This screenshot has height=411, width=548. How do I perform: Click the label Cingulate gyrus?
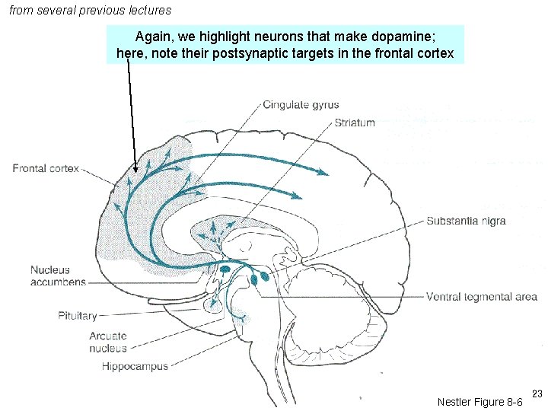tap(301, 105)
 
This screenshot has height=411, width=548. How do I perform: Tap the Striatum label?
tap(355, 123)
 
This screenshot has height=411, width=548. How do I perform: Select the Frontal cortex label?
tap(46, 169)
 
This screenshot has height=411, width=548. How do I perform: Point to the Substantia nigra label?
tap(466, 221)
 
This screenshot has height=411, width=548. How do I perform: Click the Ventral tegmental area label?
tap(481, 297)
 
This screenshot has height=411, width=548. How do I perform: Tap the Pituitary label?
tap(77, 316)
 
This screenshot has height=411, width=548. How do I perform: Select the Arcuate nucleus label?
tap(107, 342)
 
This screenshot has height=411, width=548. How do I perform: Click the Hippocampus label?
tap(135, 367)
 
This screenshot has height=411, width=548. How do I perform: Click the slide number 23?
tap(537, 393)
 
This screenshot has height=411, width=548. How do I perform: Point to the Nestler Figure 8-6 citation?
tap(479, 402)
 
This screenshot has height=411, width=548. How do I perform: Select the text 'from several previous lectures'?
tap(91, 11)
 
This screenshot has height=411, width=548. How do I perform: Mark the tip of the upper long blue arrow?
tap(327, 174)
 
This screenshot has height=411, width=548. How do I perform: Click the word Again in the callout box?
tap(154, 36)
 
